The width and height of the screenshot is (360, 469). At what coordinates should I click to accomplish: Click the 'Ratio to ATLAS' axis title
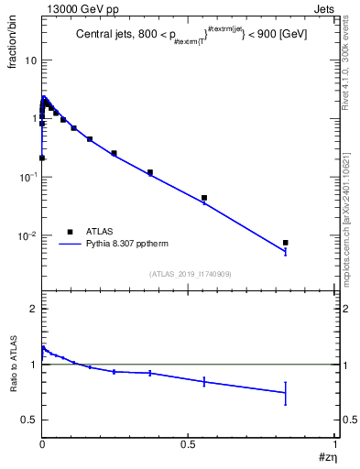(12, 364)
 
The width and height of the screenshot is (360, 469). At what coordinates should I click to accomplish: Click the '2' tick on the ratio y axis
(32, 309)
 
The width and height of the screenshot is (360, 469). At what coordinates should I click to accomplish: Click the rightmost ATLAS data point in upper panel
(285, 243)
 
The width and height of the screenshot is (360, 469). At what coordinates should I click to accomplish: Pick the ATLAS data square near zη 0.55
(204, 198)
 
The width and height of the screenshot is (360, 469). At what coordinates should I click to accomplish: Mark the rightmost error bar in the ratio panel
(285, 393)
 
